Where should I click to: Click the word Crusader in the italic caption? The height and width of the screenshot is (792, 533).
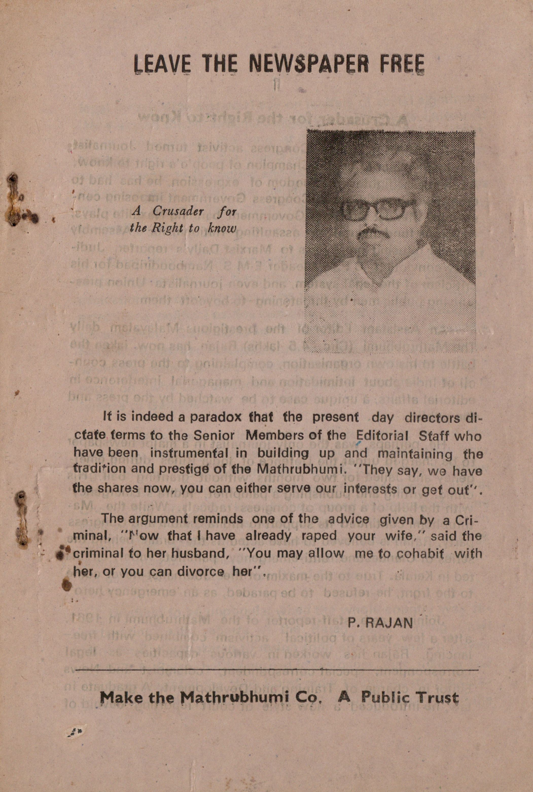point(178,211)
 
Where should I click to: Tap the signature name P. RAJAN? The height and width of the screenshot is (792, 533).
point(380,623)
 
